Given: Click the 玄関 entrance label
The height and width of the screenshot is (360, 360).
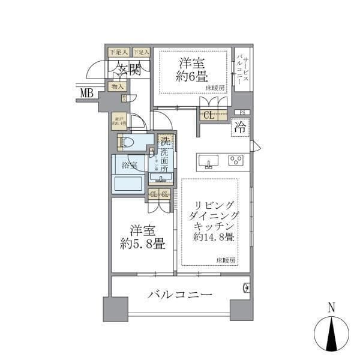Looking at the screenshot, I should (x=128, y=69).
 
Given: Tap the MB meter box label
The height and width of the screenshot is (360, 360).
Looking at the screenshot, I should (x=87, y=92).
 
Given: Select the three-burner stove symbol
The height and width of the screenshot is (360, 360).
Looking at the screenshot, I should (x=235, y=160).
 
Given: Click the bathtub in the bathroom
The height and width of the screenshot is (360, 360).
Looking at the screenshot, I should (x=128, y=182).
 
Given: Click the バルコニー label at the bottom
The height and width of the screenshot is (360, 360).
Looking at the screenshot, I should (x=180, y=295).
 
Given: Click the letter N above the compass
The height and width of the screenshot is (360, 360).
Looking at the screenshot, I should (x=331, y=307).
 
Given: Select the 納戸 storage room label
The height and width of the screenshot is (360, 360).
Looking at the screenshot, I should (x=119, y=121).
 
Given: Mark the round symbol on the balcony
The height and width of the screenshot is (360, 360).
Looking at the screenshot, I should (x=246, y=289).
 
